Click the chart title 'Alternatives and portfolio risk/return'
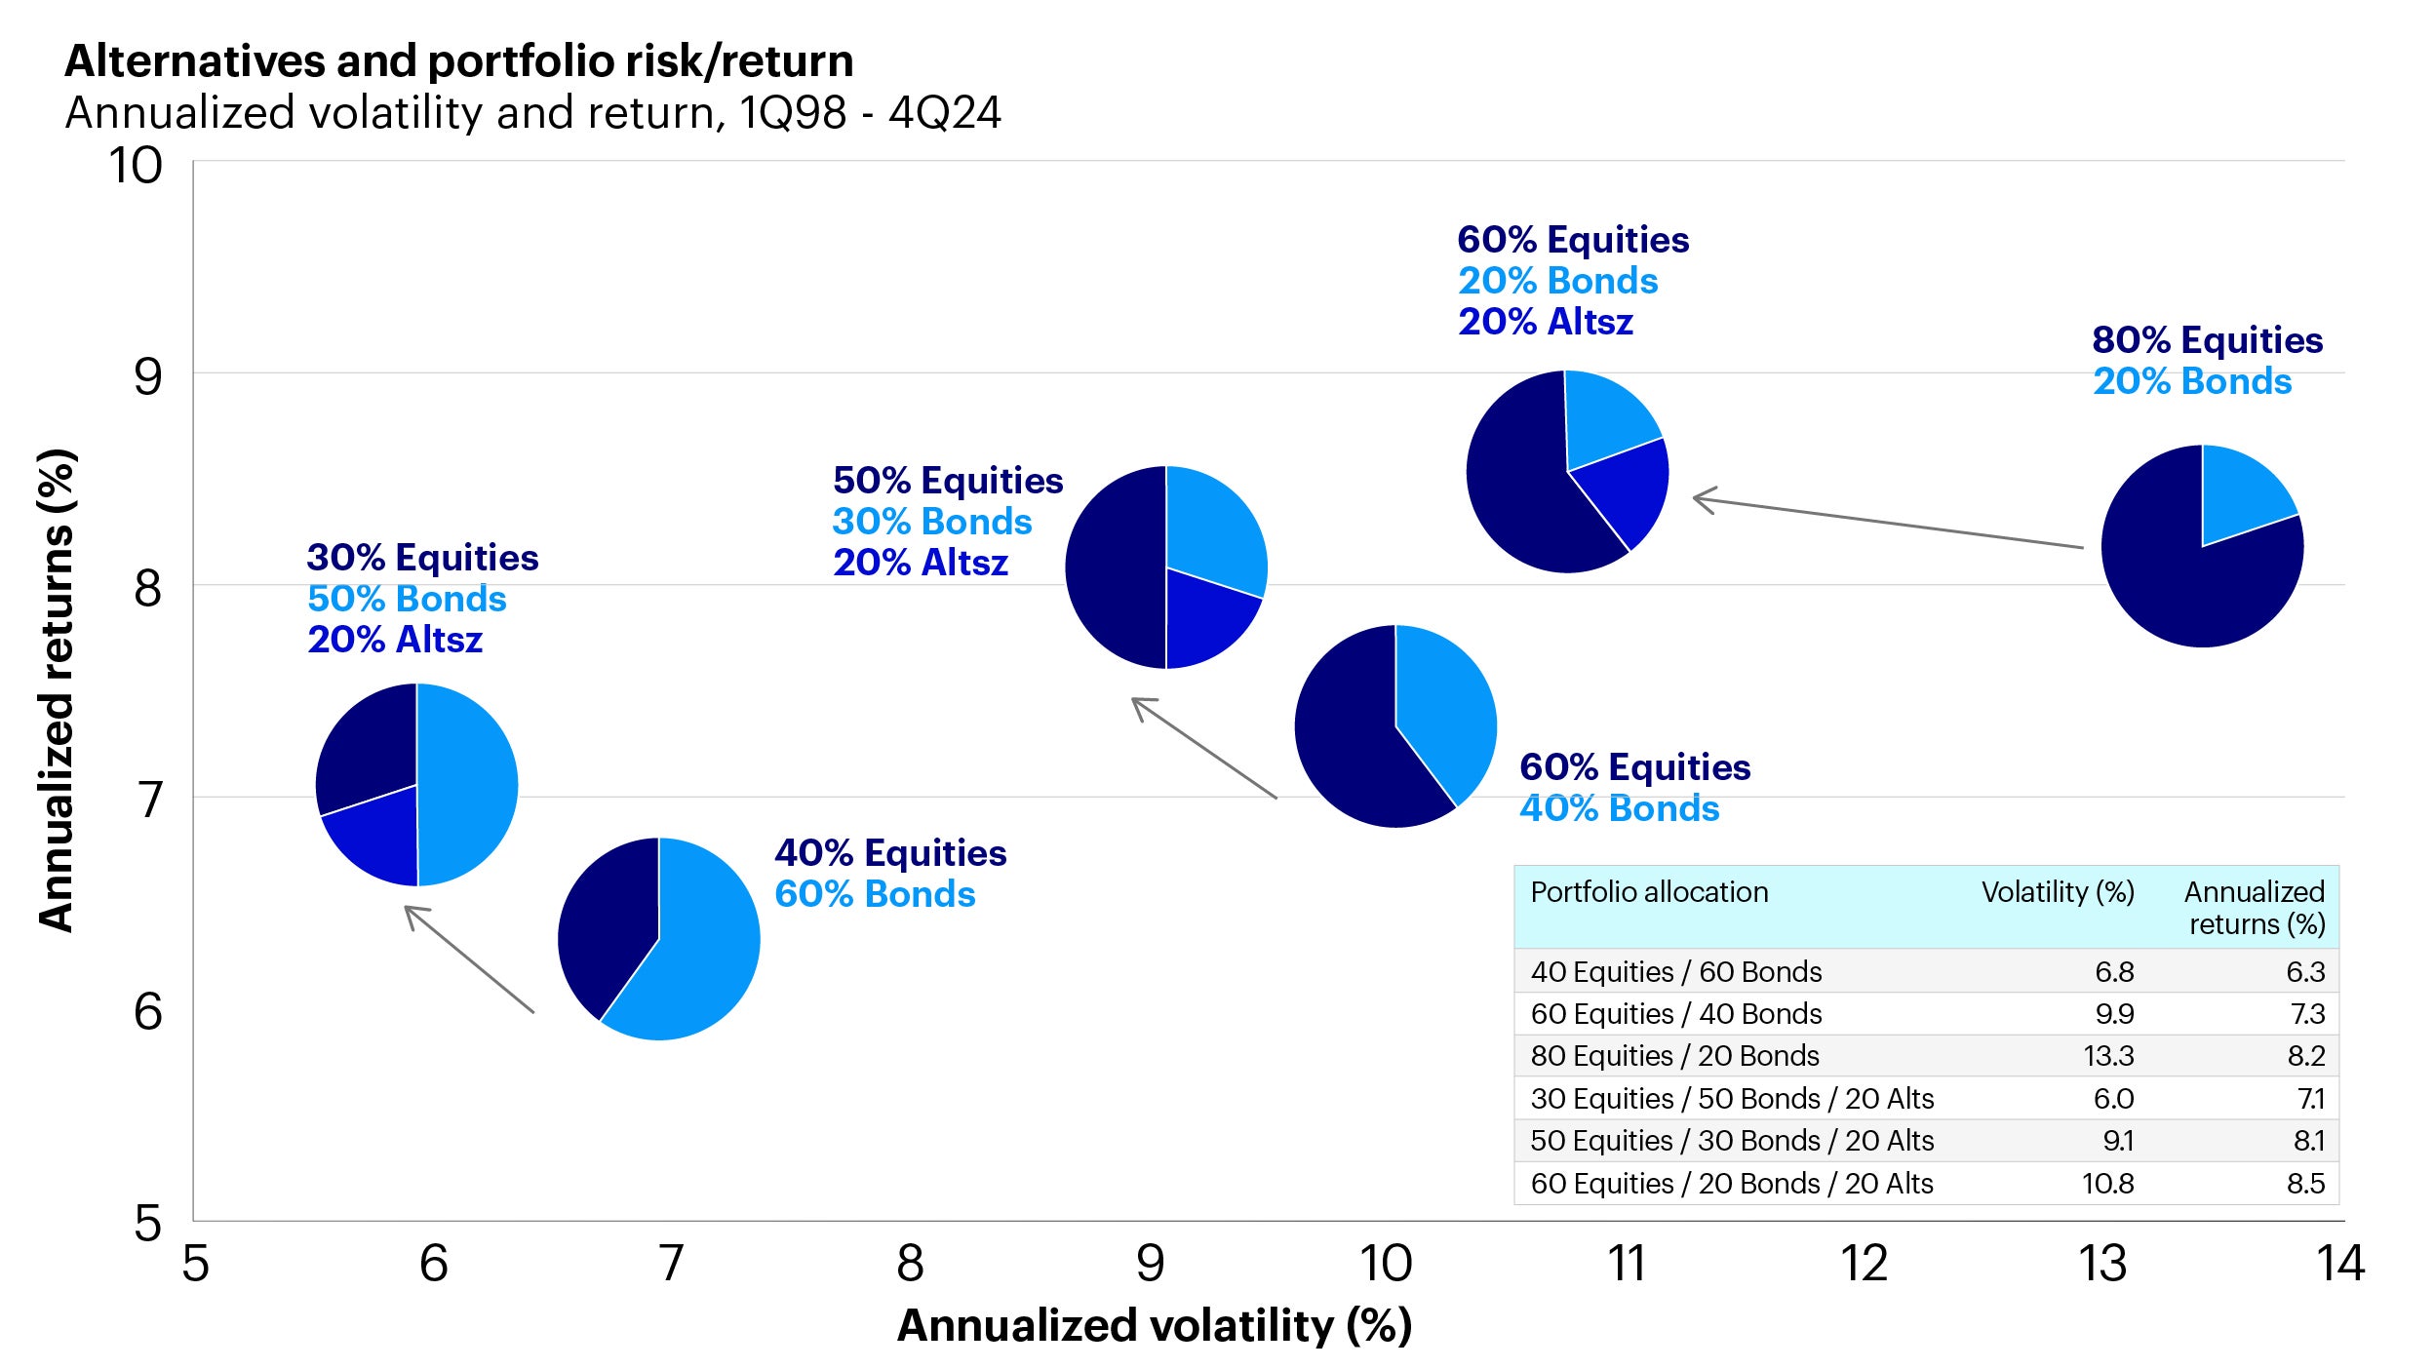pos(458,61)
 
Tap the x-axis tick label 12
pos(1864,1264)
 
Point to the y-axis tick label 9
pos(147,377)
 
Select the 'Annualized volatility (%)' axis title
pos(1154,1326)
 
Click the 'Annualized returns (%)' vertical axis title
pos(57,690)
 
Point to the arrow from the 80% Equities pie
pos(1887,523)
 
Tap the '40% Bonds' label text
pos(1619,808)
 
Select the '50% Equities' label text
pos(947,481)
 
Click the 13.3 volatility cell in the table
pos(2108,1056)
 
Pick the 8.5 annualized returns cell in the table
pos(2305,1184)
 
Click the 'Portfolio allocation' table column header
pos(1648,892)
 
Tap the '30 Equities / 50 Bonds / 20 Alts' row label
pos(1732,1099)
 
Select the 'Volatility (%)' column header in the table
pos(2058,892)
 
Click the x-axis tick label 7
pos(671,1264)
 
